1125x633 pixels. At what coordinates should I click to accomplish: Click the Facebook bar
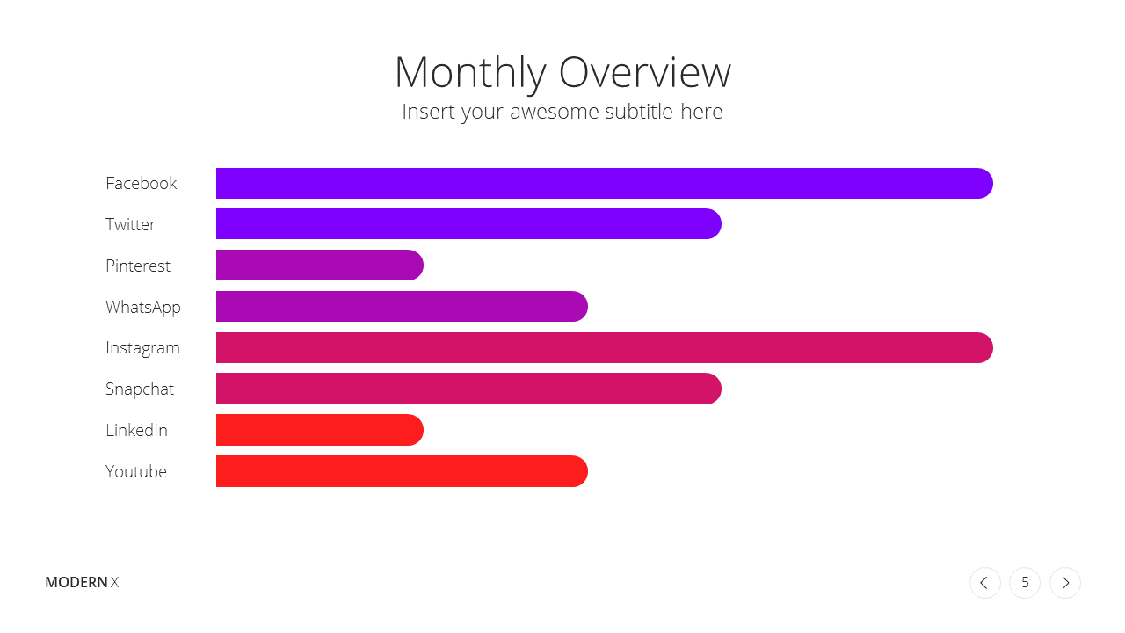click(604, 184)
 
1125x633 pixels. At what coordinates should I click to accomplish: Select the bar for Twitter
click(468, 224)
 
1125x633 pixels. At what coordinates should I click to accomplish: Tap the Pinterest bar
click(319, 266)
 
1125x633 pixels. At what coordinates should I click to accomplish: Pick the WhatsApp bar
click(402, 307)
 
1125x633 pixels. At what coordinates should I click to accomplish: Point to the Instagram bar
click(604, 347)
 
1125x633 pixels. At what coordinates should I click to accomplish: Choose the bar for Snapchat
click(468, 389)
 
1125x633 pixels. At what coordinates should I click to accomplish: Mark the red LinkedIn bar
click(319, 430)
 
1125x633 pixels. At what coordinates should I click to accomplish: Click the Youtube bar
click(402, 471)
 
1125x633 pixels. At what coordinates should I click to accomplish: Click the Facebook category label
click(142, 184)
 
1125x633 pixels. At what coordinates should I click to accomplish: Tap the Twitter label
click(131, 224)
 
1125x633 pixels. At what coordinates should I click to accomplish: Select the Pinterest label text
click(138, 266)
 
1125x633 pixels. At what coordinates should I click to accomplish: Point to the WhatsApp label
click(143, 308)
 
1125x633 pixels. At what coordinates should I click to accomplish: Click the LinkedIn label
click(136, 431)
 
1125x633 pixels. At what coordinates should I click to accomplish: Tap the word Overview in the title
click(645, 73)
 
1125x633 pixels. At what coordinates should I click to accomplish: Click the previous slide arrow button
click(985, 583)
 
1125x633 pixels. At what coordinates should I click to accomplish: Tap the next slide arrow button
click(1065, 583)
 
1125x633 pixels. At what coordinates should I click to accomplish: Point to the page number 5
click(1025, 583)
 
